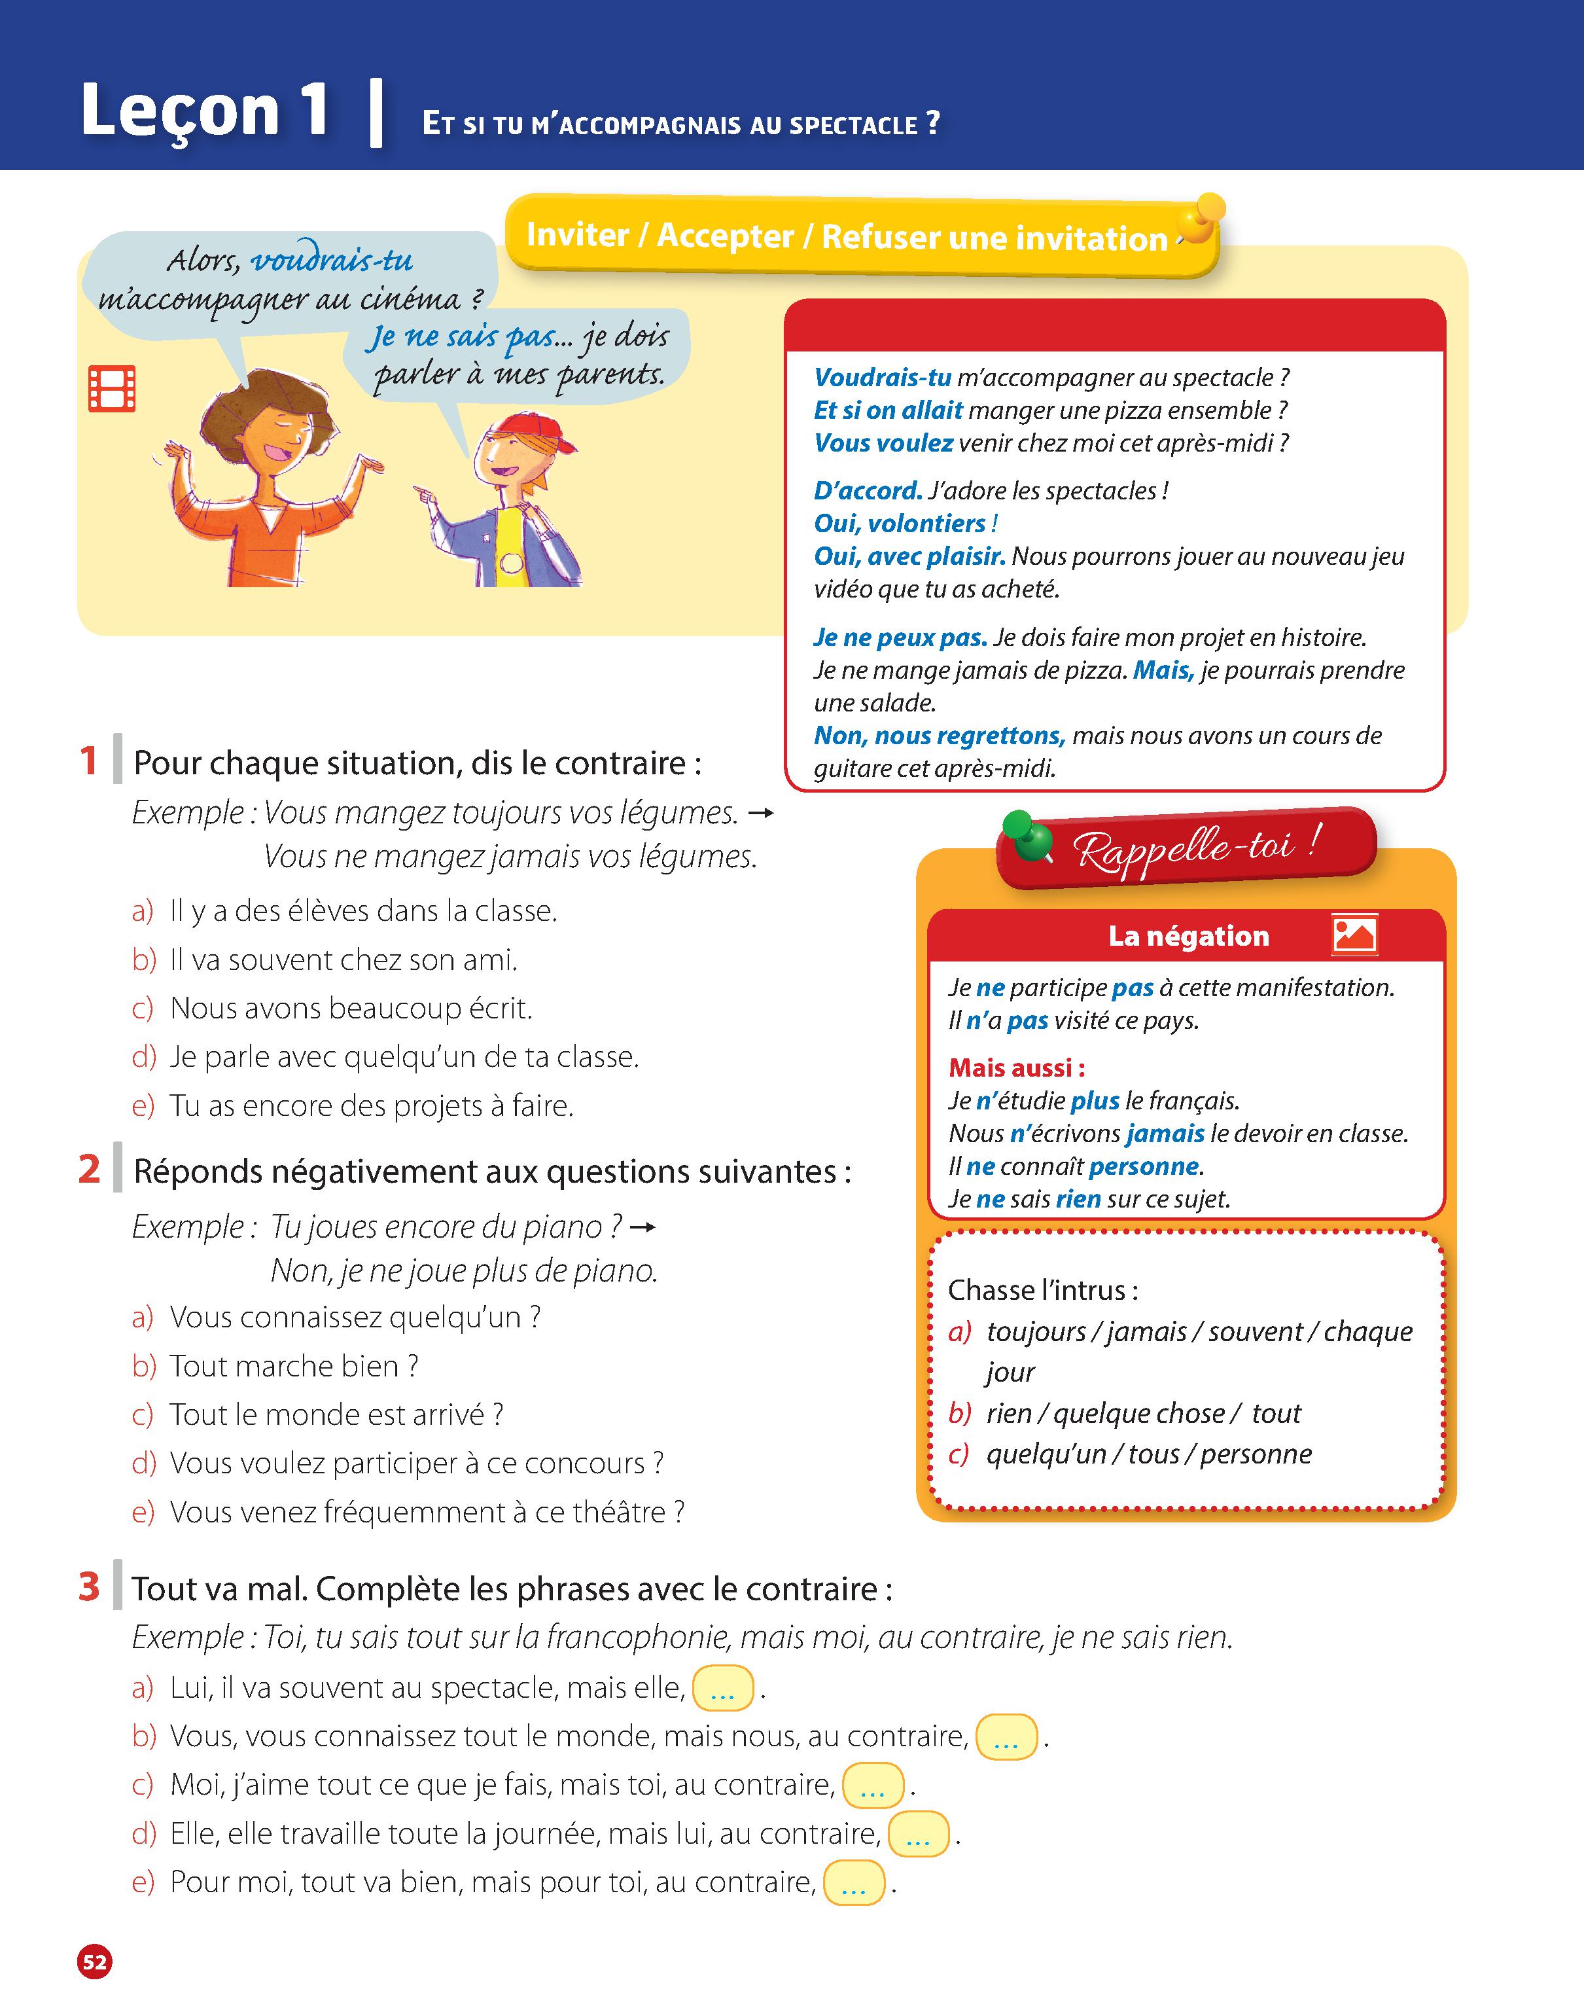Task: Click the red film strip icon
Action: click(111, 389)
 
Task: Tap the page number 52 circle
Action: click(95, 1962)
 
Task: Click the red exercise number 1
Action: click(89, 761)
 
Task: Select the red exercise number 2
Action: click(89, 1170)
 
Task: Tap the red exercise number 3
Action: click(89, 1587)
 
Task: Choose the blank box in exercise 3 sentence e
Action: click(853, 1883)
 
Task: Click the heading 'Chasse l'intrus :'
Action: click(1042, 1290)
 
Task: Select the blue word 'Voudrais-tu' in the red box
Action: click(882, 378)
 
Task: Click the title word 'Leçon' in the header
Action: click(180, 111)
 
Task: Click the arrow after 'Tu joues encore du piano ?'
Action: click(642, 1228)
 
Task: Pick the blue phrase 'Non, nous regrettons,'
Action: click(938, 736)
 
